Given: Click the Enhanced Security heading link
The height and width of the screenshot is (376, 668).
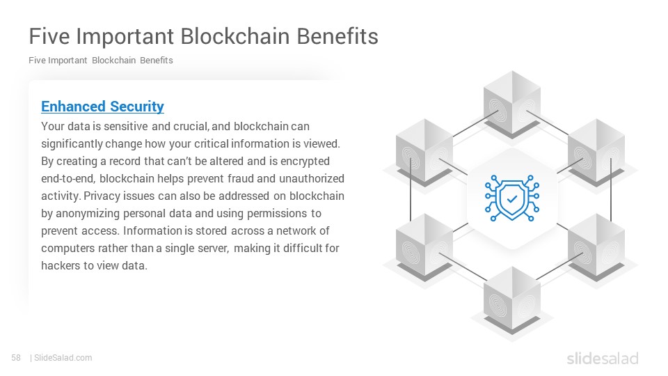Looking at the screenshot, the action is pyautogui.click(x=102, y=106).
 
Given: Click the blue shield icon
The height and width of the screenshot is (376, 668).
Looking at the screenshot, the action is pyautogui.click(x=512, y=198).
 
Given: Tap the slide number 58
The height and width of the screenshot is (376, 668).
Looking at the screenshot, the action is pyautogui.click(x=16, y=358).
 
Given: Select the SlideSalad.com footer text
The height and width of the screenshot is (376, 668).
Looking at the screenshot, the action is pyautogui.click(x=63, y=358).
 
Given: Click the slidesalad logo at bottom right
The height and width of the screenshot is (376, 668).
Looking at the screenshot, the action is pyautogui.click(x=603, y=358).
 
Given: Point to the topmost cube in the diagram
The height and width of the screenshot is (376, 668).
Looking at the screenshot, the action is pyautogui.click(x=512, y=104).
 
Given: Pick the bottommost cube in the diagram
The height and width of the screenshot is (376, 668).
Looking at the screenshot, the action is pyautogui.click(x=512, y=301).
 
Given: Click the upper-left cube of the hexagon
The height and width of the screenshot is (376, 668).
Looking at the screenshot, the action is pyautogui.click(x=424, y=152).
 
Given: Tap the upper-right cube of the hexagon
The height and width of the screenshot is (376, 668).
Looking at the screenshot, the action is pyautogui.click(x=596, y=152).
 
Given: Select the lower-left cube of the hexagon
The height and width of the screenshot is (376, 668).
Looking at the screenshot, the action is pyautogui.click(x=424, y=247).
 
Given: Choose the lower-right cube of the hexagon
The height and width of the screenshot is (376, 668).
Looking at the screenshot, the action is pyautogui.click(x=596, y=247).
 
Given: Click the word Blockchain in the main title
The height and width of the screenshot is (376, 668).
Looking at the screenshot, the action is pyautogui.click(x=236, y=36).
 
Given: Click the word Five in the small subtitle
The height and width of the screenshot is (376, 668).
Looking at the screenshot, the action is pyautogui.click(x=37, y=60).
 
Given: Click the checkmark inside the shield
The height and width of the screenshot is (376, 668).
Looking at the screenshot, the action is pyautogui.click(x=512, y=198).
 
